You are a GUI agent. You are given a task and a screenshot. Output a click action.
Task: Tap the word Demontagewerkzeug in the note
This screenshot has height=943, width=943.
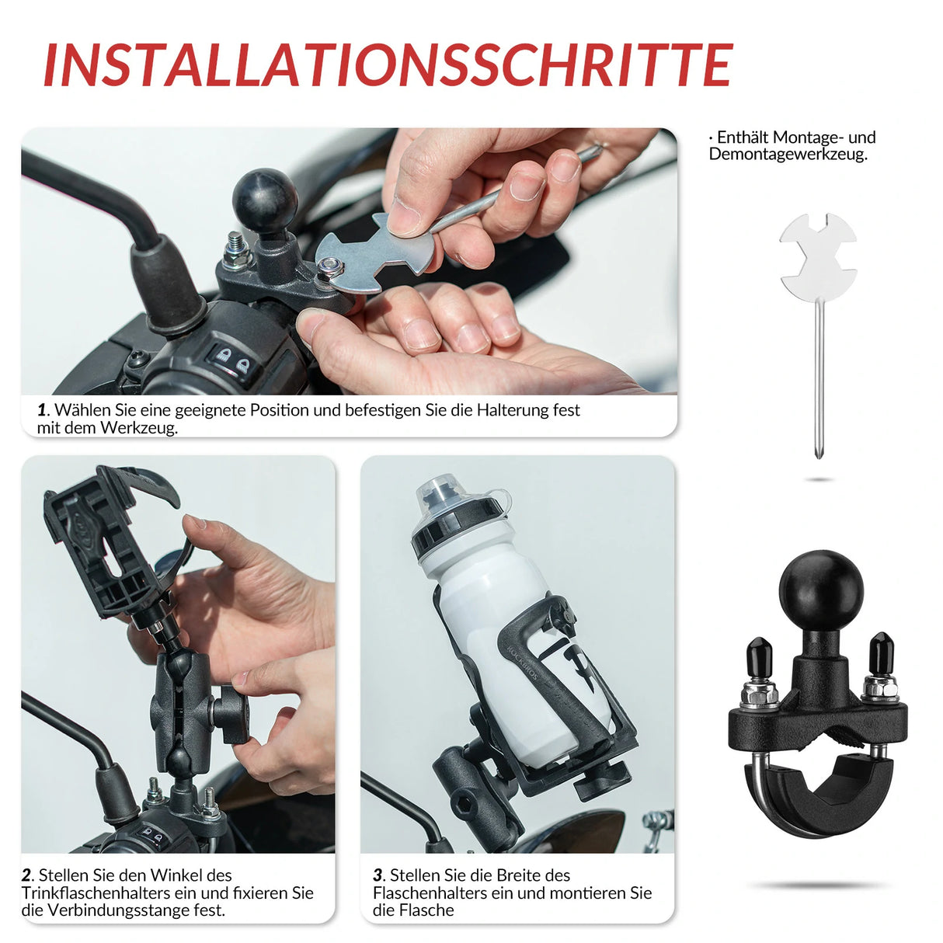pos(787,155)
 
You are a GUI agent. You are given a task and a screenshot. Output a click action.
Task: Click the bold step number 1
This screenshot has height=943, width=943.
pos(42,410)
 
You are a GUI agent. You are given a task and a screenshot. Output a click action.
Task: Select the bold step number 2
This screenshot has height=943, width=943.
pos(27,875)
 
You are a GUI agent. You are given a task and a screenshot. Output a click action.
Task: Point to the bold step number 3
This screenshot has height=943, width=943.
pos(378,875)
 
